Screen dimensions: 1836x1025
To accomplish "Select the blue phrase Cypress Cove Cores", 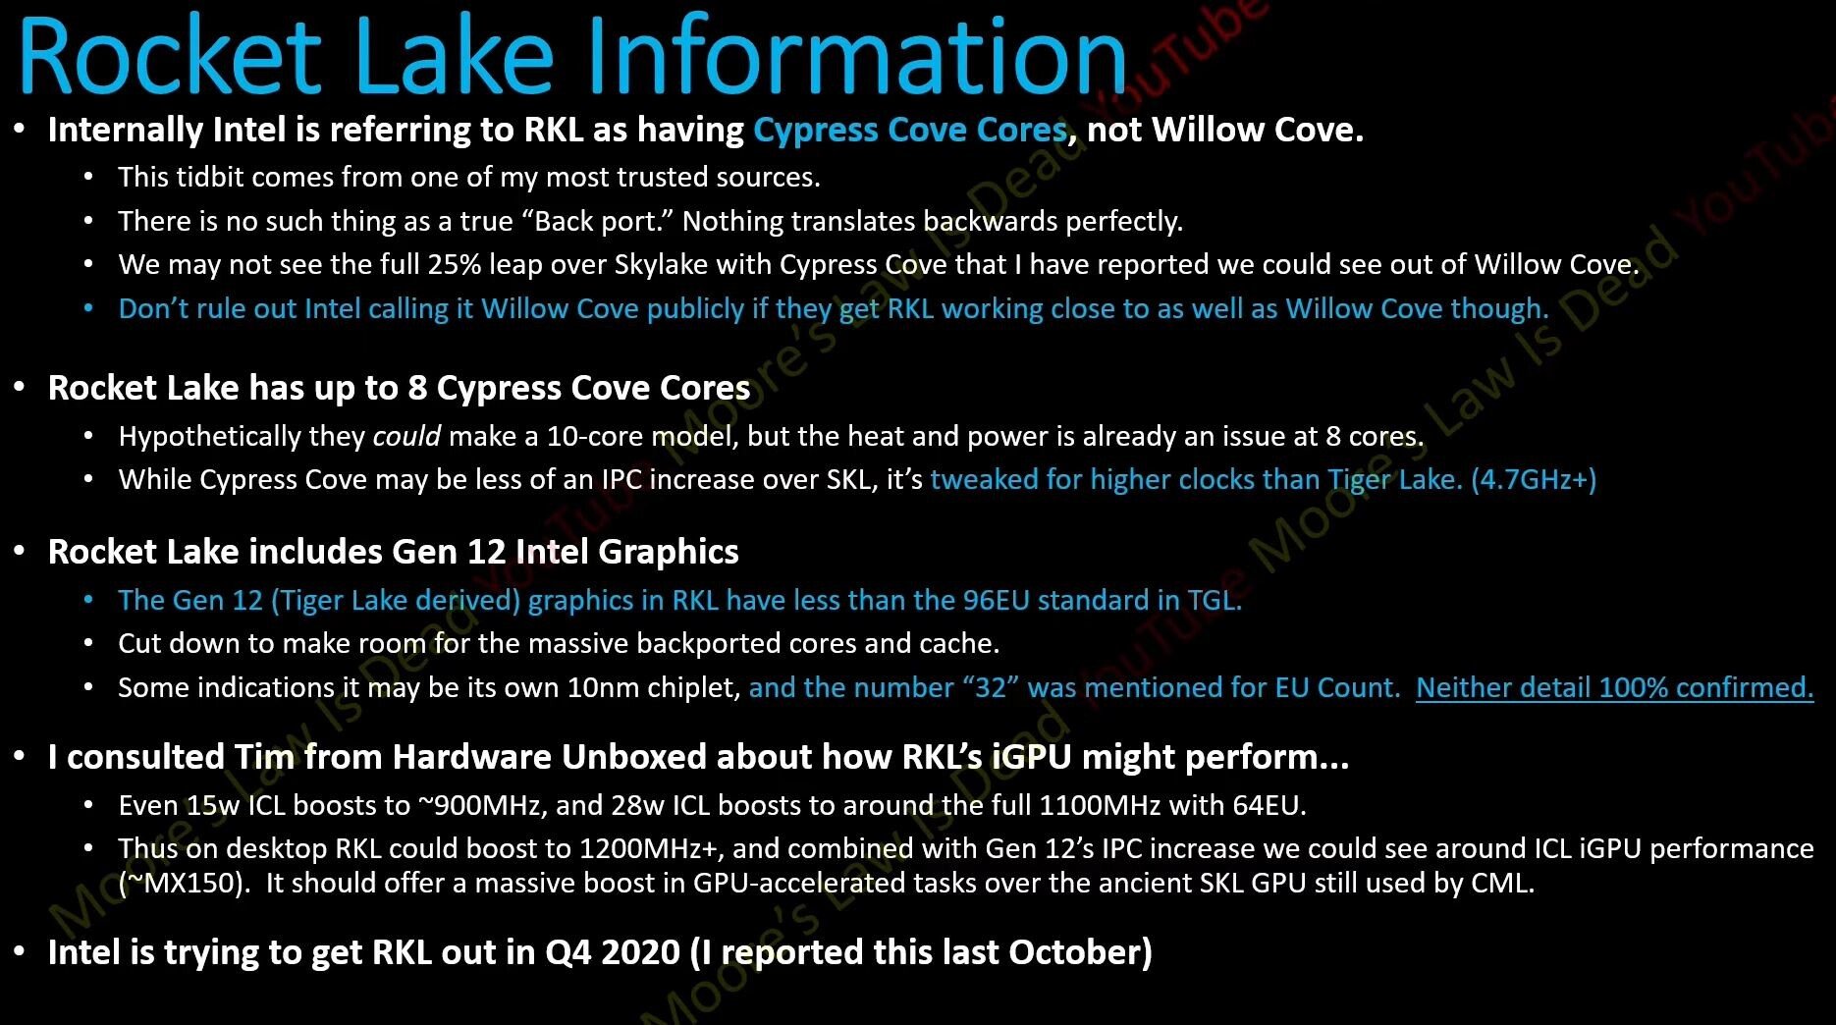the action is click(x=910, y=130).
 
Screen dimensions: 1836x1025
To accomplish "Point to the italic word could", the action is click(x=406, y=436).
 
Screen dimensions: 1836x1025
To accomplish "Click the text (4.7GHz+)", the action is click(x=1534, y=479).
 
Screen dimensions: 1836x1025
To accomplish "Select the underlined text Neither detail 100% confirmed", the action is click(x=1614, y=687).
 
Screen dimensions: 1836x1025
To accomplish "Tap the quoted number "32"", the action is click(x=991, y=687).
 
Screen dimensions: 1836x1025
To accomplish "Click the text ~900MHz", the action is click(x=480, y=805).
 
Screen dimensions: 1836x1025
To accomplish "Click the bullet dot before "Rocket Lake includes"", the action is click(x=20, y=552).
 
